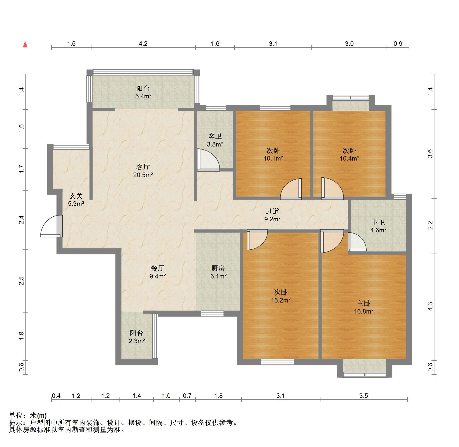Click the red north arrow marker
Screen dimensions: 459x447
pos(25,45)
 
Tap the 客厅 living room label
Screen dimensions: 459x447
pos(143,167)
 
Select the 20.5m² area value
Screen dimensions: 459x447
pos(143,175)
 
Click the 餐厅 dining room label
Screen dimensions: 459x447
pos(158,268)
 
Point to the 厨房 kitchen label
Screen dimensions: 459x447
pos(218,268)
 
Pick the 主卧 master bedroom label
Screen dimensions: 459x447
pos(364,303)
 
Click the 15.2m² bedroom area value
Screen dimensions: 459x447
pos(281,300)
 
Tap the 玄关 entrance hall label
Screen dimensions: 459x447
pos(76,196)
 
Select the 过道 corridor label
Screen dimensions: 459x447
pos(272,211)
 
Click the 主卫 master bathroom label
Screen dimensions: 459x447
pos(378,222)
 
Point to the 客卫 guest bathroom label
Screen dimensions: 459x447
pos(215,136)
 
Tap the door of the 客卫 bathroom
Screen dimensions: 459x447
pos(208,160)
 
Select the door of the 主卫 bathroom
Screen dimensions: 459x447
pos(357,242)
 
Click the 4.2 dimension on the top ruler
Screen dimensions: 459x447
pos(143,44)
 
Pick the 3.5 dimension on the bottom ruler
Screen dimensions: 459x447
pos(364,396)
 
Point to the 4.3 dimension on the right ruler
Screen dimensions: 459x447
pos(430,307)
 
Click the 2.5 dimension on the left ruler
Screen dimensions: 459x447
pos(21,281)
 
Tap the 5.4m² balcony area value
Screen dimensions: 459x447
pos(143,96)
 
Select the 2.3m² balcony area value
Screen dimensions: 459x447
pos(137,341)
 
